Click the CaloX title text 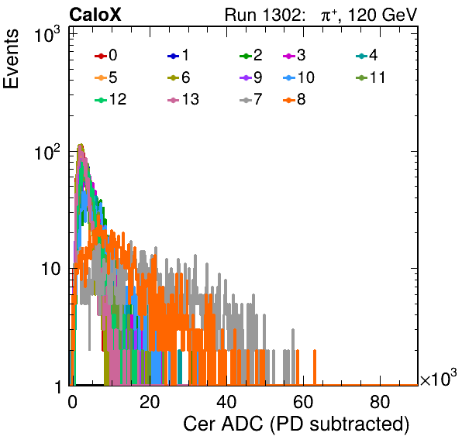pyautogui.click(x=95, y=15)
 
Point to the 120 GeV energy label pyautogui.click(x=382, y=15)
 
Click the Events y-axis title pyautogui.click(x=11, y=59)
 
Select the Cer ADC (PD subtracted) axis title pyautogui.click(x=296, y=424)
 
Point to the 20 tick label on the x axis pyautogui.click(x=150, y=401)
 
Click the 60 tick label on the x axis pyautogui.click(x=303, y=401)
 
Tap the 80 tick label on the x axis pyautogui.click(x=380, y=401)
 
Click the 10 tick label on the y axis pyautogui.click(x=50, y=269)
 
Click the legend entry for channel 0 pyautogui.click(x=106, y=55)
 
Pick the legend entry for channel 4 pyautogui.click(x=367, y=55)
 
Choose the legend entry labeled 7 pyautogui.click(x=251, y=99)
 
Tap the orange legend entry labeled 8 pyautogui.click(x=294, y=99)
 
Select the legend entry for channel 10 pyautogui.click(x=298, y=77)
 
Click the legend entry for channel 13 pyautogui.click(x=183, y=99)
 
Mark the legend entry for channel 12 pyautogui.click(x=111, y=99)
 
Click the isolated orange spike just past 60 pyautogui.click(x=315, y=367)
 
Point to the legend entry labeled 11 pyautogui.click(x=371, y=77)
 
